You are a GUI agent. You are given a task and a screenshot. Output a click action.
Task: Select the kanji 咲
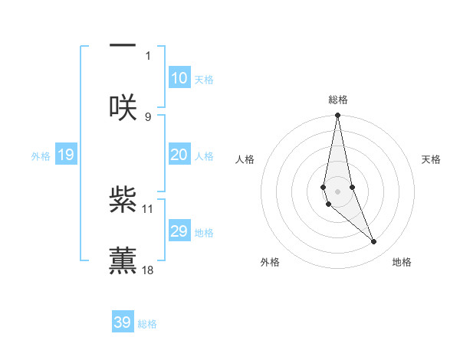123,107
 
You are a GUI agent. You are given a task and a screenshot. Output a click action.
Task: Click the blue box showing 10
179,78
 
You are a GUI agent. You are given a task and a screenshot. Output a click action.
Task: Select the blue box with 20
179,155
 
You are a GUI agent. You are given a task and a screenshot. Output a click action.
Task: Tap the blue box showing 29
179,231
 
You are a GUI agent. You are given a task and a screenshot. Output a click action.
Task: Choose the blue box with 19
65,155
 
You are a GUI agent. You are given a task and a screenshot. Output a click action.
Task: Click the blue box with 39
122,322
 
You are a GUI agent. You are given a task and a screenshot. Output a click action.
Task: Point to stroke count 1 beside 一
148,55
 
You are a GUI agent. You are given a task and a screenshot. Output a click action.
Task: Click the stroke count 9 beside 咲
148,116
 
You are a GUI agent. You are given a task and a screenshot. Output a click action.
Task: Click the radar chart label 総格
338,100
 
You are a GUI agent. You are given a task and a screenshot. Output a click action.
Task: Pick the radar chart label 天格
432,159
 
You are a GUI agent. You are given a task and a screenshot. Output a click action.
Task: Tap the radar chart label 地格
402,263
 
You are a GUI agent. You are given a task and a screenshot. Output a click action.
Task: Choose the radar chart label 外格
270,263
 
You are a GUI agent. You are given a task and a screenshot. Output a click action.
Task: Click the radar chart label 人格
245,159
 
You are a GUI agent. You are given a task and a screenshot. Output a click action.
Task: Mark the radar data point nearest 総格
338,116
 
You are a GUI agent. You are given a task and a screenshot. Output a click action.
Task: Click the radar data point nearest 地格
374,242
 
